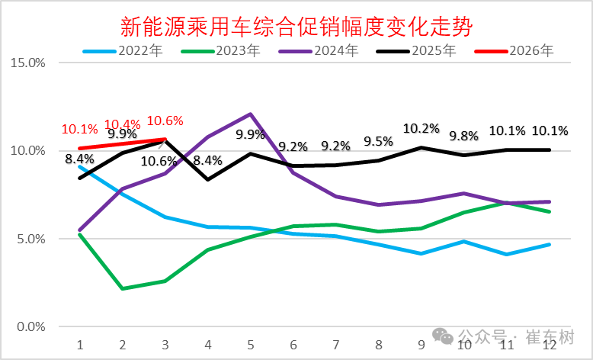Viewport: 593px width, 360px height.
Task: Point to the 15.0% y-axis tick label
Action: tap(28, 63)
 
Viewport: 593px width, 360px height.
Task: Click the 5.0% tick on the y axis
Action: tap(31, 239)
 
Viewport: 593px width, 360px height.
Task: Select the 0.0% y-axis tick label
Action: tap(31, 327)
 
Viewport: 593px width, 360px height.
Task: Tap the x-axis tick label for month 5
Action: tap(250, 345)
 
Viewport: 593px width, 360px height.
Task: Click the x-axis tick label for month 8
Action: tap(378, 345)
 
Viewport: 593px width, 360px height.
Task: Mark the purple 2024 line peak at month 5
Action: tap(251, 114)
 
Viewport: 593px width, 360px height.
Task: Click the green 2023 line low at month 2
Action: tap(123, 289)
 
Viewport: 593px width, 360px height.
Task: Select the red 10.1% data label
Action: tap(79, 129)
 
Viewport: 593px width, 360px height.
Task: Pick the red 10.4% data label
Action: tap(122, 124)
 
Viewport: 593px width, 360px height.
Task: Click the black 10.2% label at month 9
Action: tap(421, 128)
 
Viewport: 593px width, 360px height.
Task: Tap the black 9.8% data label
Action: tap(463, 137)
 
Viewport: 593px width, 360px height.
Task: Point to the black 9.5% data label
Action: tap(378, 141)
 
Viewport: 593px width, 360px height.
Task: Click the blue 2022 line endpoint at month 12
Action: tap(549, 245)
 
